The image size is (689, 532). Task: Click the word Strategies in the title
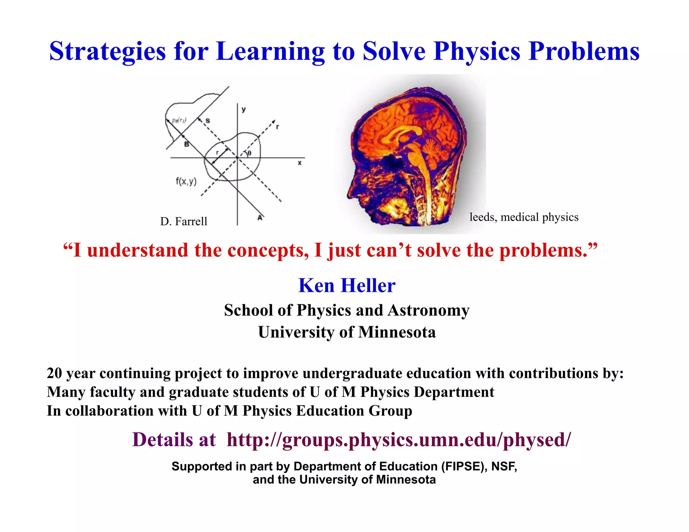tap(108, 51)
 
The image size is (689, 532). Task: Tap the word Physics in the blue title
tap(477, 51)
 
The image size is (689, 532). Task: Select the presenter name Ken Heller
tap(347, 286)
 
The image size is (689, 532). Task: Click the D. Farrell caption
tap(184, 222)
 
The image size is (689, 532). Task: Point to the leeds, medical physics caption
tap(524, 217)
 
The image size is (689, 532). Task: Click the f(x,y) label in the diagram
tap(186, 182)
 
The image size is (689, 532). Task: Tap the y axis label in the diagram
tap(244, 109)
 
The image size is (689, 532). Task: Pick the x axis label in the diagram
tap(299, 163)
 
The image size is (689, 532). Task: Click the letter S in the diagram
tap(208, 121)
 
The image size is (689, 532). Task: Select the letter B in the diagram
tap(186, 144)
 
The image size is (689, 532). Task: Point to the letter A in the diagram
tap(260, 218)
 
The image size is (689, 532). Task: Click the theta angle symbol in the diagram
tap(249, 153)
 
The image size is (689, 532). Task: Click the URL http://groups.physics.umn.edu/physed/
tap(399, 440)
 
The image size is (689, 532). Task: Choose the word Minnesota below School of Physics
tap(397, 332)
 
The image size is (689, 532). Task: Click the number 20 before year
tap(54, 373)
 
